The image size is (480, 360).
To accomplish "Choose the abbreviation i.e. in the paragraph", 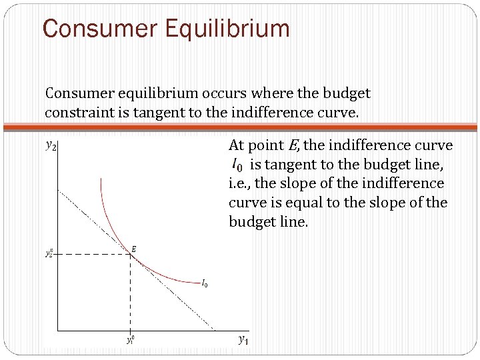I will (x=241, y=183).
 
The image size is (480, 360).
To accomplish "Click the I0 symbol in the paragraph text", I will (x=237, y=164).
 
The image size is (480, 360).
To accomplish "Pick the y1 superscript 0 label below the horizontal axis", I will (x=130, y=339).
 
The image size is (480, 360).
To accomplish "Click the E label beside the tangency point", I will (x=134, y=249).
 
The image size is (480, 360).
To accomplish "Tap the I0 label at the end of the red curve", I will (x=204, y=283).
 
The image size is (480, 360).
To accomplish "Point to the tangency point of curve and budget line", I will (x=130, y=254).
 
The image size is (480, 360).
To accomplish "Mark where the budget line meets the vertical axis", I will (x=57, y=189).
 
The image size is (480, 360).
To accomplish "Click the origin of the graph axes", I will (x=57, y=330).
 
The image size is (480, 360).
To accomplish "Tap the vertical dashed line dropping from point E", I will (x=130, y=293).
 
